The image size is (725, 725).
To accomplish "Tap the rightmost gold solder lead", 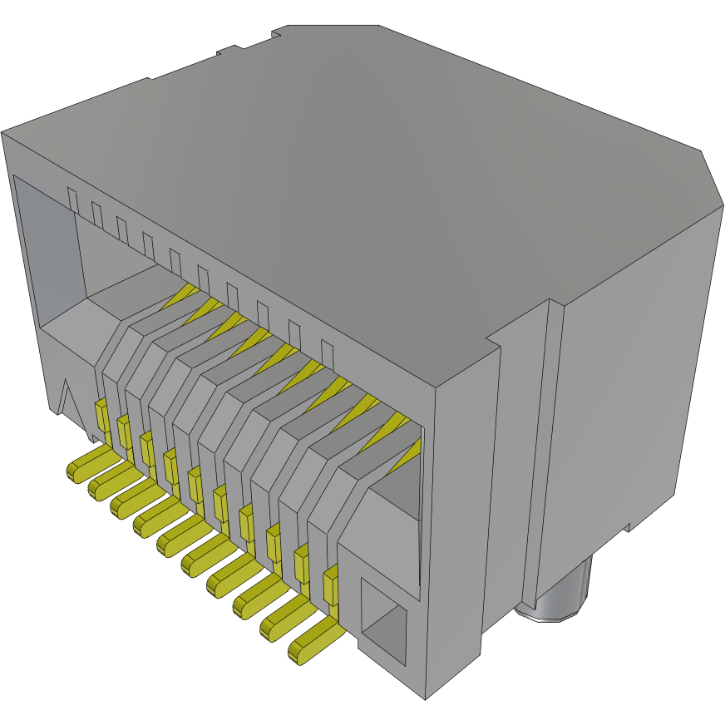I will coord(315,644).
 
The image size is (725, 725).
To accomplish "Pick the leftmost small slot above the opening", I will coord(73,200).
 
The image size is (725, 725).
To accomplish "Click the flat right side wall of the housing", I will coord(632,374).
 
